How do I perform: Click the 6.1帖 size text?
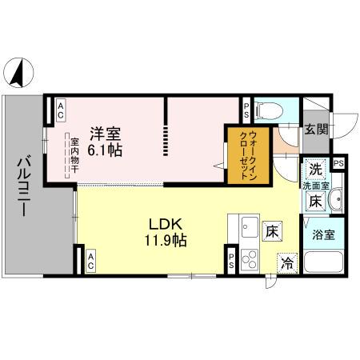[106, 150]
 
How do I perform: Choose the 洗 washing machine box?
[316, 170]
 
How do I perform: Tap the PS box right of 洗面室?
[339, 163]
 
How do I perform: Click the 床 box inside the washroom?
[316, 201]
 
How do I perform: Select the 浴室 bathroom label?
[323, 236]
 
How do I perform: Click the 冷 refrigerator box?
[286, 262]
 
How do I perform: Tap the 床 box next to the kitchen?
[273, 231]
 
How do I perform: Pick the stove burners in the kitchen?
[248, 258]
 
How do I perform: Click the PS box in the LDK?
[231, 259]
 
